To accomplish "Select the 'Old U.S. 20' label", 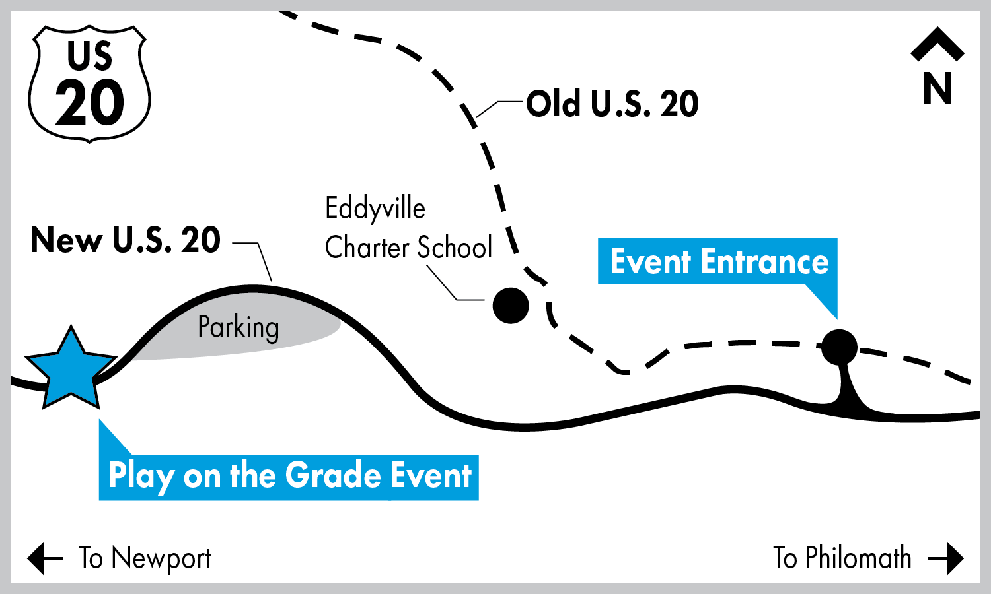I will (x=612, y=104).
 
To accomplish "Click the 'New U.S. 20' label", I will (x=126, y=240).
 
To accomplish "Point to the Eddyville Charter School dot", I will (x=511, y=306).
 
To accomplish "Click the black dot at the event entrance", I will (x=839, y=346).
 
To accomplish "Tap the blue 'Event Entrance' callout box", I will (x=718, y=261).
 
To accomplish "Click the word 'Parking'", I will (x=239, y=327).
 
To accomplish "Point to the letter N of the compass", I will (x=937, y=88).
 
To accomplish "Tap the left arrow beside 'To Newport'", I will (x=45, y=558).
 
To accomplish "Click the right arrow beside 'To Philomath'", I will (x=946, y=558).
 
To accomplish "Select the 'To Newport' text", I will (x=145, y=559).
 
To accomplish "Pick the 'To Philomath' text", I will (x=842, y=558).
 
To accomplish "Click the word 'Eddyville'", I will (x=375, y=209).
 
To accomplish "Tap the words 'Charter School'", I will (x=408, y=248).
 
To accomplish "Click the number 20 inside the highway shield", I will (x=90, y=104).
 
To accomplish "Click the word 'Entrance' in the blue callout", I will (x=765, y=262).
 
